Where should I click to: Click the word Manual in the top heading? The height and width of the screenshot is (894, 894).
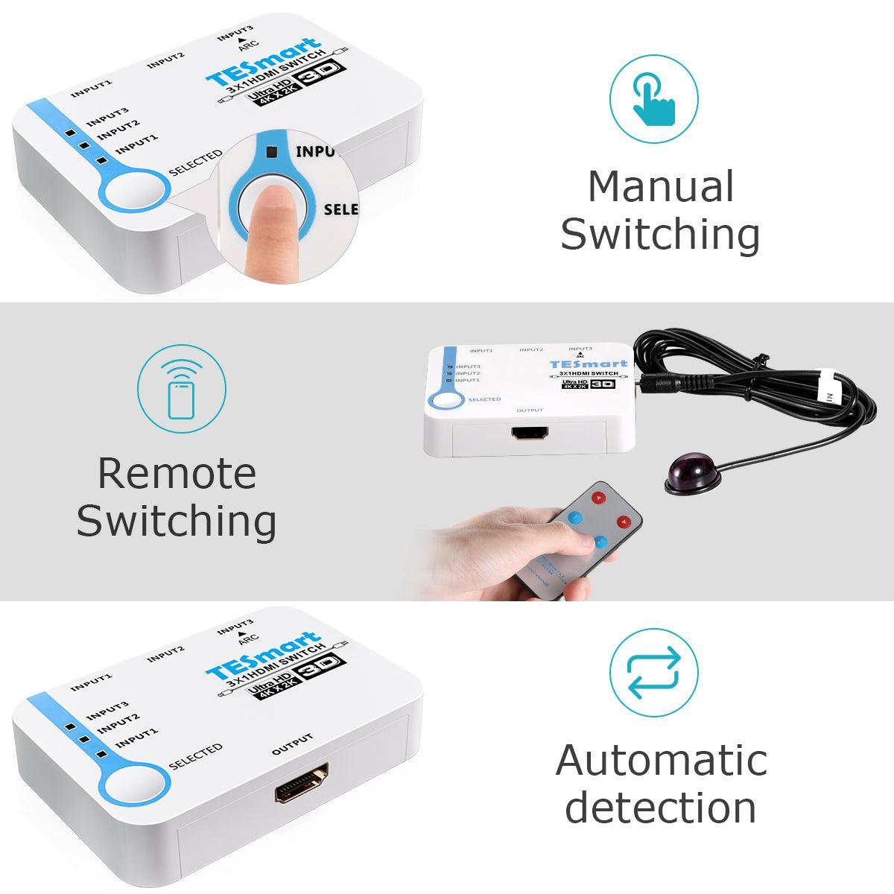pos(661,186)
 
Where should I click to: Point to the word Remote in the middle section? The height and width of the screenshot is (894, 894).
pos(177,473)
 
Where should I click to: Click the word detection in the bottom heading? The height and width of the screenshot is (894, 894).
pos(661,807)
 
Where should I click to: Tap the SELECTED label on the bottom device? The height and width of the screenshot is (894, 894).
pos(195,755)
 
